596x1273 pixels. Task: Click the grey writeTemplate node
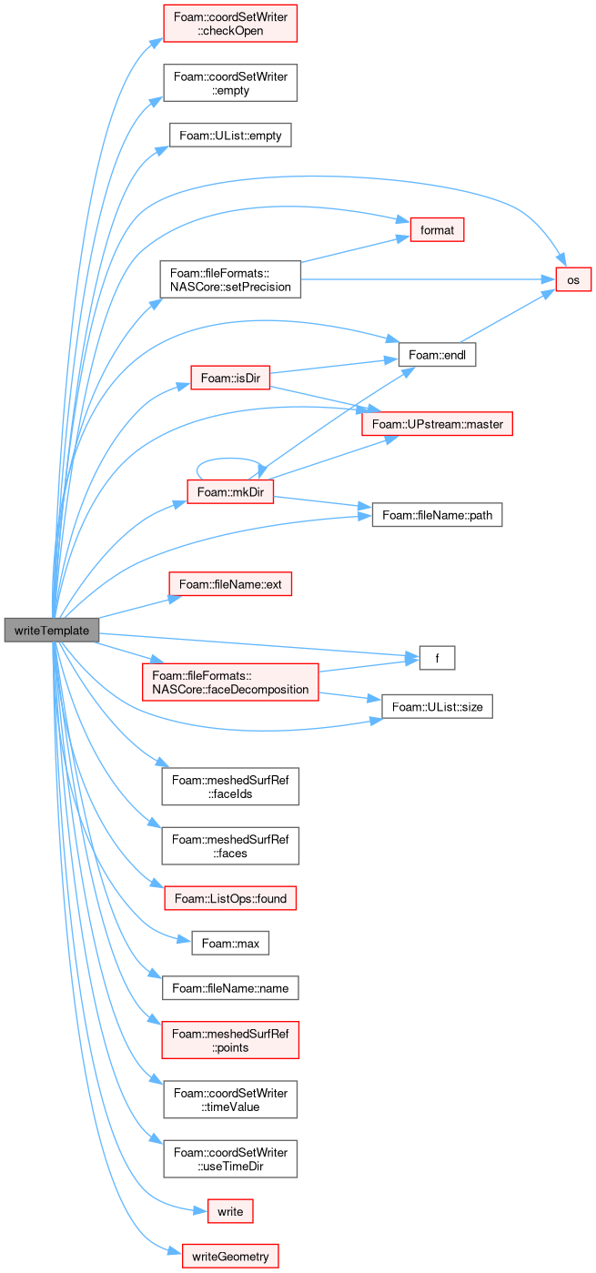tap(52, 631)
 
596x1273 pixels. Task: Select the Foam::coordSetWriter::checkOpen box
tap(230, 24)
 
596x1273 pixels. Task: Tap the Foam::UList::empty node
tap(230, 136)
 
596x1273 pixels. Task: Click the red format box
tap(437, 229)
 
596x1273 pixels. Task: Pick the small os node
tap(573, 279)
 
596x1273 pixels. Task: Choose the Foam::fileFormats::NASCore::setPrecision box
tap(230, 279)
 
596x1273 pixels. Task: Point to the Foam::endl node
tap(437, 355)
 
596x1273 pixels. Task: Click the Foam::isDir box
tap(230, 378)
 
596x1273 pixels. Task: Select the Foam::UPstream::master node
tap(437, 424)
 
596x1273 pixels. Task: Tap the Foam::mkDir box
tap(230, 491)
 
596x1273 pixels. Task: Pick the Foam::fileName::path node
tap(437, 515)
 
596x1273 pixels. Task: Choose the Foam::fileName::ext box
tap(230, 584)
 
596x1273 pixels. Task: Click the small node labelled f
tap(437, 658)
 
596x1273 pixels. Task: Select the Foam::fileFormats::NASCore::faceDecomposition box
tap(230, 682)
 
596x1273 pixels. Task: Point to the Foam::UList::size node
tap(437, 706)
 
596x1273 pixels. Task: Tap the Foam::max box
tap(230, 944)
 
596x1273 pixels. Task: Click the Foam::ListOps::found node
tap(230, 898)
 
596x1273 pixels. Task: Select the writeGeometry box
tap(230, 1256)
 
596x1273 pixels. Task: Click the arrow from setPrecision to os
tap(429, 279)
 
